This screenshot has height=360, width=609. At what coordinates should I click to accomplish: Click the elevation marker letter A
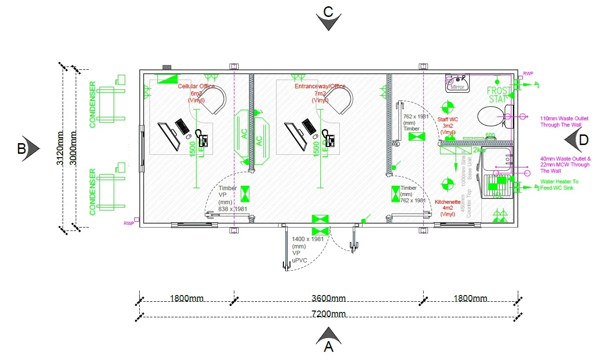(329, 347)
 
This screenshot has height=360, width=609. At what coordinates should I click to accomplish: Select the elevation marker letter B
(21, 148)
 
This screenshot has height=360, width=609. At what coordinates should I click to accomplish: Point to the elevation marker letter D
(583, 140)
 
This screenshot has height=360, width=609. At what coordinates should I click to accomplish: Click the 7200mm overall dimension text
(329, 314)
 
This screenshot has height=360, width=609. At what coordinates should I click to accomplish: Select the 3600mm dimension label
(329, 298)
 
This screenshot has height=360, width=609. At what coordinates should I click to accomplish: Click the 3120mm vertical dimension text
(60, 148)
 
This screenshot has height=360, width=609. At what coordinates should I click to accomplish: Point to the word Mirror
(458, 87)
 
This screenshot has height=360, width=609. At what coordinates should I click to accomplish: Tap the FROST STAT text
(499, 95)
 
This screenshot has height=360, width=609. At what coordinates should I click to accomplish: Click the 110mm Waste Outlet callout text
(564, 121)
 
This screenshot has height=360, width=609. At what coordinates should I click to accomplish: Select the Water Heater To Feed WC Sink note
(560, 184)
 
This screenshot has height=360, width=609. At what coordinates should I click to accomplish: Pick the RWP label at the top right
(528, 74)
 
